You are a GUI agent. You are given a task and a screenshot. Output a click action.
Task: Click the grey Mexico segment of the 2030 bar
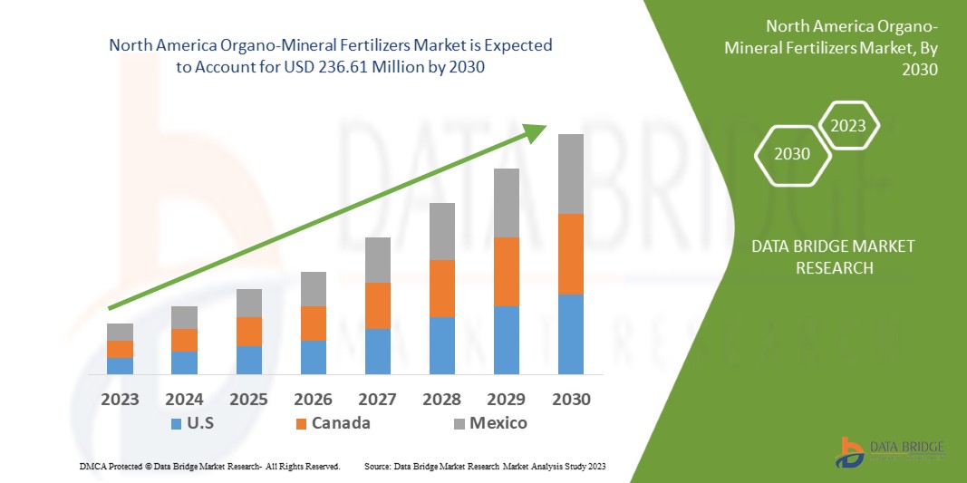(570, 174)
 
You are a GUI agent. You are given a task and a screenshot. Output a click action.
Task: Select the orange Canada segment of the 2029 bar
(506, 271)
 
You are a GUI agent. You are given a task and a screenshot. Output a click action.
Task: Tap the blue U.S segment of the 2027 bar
(377, 351)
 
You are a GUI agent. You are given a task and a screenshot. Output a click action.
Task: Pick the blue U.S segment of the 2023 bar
(120, 365)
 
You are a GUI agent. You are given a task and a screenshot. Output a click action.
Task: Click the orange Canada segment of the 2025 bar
(248, 332)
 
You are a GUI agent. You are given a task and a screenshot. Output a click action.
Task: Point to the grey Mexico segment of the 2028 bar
(441, 231)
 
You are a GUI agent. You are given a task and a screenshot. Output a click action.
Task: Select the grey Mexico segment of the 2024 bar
(184, 317)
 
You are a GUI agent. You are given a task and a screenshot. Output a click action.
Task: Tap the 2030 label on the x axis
(570, 400)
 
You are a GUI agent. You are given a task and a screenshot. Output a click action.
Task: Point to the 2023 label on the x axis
(120, 400)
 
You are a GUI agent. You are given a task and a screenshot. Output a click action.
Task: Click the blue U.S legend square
(176, 423)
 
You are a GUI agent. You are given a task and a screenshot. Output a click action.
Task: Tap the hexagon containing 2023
(848, 126)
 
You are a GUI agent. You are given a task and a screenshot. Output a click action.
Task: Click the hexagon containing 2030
(792, 154)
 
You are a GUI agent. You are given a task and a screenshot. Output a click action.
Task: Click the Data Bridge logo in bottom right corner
(893, 451)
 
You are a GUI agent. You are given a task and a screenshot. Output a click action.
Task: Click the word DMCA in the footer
(92, 466)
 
